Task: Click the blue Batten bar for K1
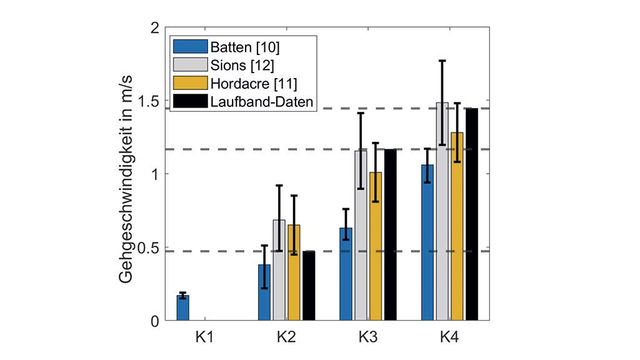[x=182, y=308]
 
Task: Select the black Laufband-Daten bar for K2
[x=309, y=286]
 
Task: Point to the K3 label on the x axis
[x=367, y=337]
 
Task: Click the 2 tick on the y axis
[x=156, y=27]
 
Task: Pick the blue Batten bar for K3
[x=346, y=275]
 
